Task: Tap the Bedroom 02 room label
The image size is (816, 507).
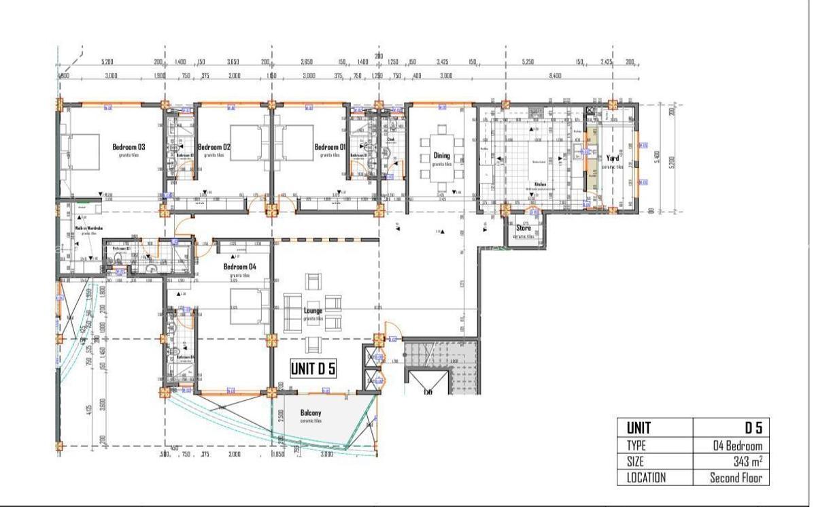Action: pos(214,146)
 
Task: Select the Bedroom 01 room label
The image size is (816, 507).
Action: pos(330,146)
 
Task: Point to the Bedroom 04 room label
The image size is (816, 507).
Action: pos(240,266)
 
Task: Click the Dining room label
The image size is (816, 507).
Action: pos(441,156)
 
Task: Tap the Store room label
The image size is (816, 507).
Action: pos(523,228)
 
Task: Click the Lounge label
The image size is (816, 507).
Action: pos(313,310)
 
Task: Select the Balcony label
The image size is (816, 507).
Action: pos(311,412)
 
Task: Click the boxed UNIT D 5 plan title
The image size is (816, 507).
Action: pos(313,368)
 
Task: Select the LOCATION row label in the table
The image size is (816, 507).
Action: pos(645,477)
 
